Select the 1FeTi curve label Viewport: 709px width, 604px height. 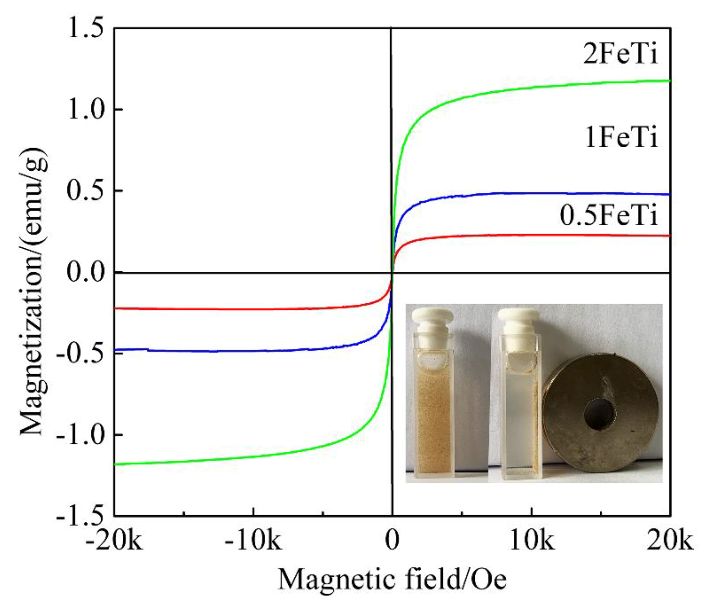621,138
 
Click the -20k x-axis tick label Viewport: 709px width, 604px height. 114,541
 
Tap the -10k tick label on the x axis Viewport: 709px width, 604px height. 253,541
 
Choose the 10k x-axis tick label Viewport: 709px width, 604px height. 531,541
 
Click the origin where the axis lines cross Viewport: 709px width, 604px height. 392,273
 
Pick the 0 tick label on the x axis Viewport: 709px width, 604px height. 392,541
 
